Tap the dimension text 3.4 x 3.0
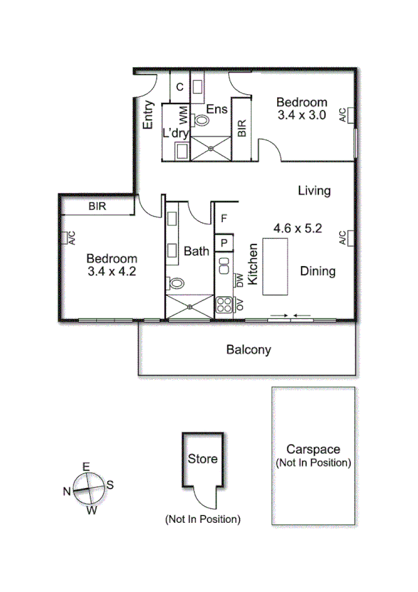coord(302,115)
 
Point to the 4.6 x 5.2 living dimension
coord(297,228)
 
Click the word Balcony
coord(248,350)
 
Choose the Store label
coord(202,459)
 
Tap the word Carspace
coord(313,450)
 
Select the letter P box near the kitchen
coord(224,243)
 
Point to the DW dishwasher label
coord(239,281)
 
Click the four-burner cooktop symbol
coord(224,304)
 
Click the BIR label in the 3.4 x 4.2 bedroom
coord(97,207)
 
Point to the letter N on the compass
coord(67,491)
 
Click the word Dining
coord(318,272)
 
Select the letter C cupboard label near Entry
coord(179,87)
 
